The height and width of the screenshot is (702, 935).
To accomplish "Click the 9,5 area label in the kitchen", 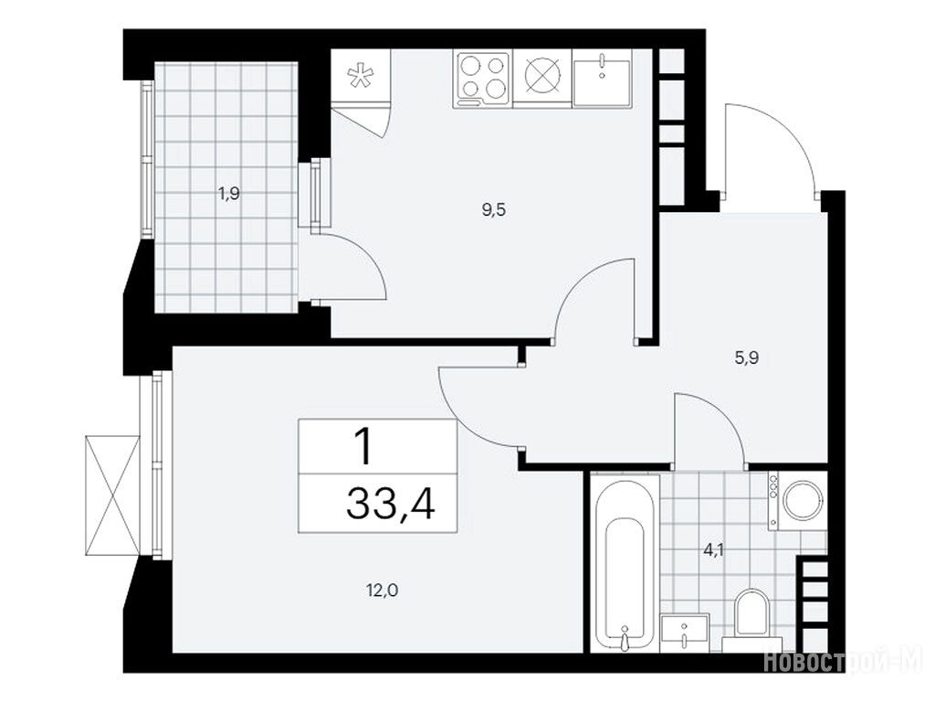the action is pos(494,210).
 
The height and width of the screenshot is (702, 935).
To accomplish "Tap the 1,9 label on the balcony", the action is pos(229,194).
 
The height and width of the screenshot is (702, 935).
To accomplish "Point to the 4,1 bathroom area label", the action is pos(713,550).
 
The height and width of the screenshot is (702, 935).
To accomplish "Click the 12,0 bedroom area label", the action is pos(382,591).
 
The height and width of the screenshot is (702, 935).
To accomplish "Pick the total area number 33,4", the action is pos(391,504).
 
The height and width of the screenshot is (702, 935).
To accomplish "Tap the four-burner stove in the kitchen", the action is pos(482,80).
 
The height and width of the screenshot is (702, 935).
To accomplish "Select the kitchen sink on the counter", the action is pos(602,79).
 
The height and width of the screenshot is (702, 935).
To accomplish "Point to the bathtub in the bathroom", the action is pos(625,562).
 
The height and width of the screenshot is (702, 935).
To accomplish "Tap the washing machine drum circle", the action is pos(804,500).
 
